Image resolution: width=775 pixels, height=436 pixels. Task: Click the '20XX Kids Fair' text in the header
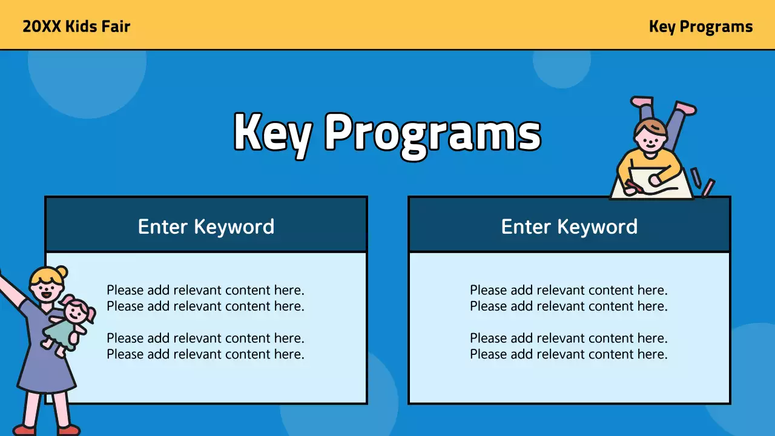click(x=76, y=27)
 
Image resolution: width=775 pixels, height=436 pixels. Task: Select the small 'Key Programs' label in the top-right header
click(x=701, y=27)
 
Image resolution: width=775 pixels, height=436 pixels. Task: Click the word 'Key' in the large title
click(x=272, y=133)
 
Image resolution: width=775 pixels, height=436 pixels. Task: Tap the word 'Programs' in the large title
click(x=432, y=133)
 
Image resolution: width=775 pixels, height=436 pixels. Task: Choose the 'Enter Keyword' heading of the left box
click(x=206, y=226)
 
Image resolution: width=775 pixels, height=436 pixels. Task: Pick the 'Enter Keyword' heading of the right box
click(x=569, y=226)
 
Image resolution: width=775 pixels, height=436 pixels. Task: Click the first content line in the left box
click(x=205, y=290)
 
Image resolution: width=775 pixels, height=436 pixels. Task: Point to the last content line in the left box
click(x=205, y=354)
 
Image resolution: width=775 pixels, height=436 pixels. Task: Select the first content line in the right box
click(x=569, y=290)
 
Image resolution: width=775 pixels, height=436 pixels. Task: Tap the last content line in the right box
click(x=569, y=354)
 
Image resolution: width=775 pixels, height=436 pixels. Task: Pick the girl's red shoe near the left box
click(x=68, y=430)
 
